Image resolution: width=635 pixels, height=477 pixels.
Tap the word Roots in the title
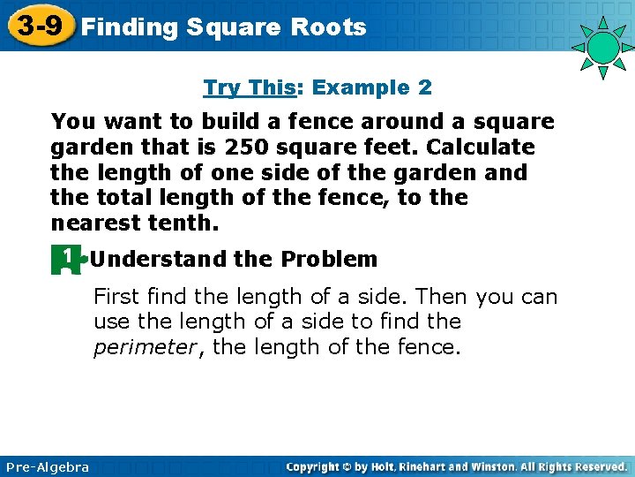(326, 27)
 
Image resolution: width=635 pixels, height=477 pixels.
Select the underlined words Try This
(249, 87)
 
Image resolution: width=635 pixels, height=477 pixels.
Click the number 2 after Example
(425, 87)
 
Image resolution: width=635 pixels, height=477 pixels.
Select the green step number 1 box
(66, 259)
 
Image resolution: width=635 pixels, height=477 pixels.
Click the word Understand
(159, 260)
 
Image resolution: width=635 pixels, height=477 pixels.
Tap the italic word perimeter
(146, 348)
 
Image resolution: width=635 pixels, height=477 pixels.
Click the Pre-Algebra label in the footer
(48, 466)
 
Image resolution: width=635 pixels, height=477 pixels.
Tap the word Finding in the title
(129, 27)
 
